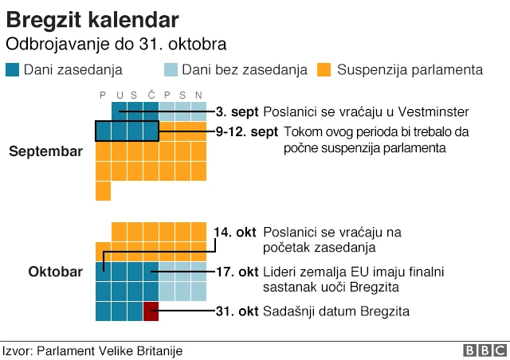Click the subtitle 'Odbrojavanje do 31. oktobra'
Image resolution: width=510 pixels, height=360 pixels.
116,43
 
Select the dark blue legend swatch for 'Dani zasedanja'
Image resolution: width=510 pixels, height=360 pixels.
13,69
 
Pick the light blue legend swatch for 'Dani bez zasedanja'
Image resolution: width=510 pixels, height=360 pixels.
171,69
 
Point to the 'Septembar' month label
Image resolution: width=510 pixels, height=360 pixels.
45,151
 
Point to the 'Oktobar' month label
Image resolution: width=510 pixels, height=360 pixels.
55,272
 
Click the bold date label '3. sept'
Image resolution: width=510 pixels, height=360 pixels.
237,112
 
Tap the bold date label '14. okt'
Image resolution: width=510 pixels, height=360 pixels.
235,232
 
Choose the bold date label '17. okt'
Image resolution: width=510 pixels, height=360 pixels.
237,272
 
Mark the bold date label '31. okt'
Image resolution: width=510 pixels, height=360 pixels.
237,311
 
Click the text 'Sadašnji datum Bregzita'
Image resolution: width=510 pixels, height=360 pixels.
335,311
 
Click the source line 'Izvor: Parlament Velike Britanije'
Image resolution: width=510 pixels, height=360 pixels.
92,350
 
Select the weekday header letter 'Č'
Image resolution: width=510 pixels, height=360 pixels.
151,96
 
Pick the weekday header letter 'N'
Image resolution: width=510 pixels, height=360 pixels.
198,96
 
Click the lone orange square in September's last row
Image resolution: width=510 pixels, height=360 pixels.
103,191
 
